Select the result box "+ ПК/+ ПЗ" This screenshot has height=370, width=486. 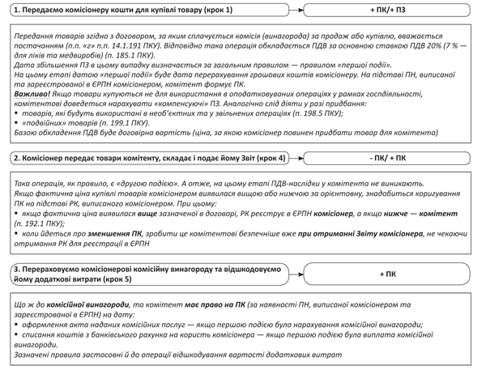pos(388,10)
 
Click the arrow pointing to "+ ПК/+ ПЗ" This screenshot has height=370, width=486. pos(302,10)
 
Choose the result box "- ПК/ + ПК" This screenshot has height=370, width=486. pos(388,158)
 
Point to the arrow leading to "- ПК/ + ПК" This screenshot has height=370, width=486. pos(302,158)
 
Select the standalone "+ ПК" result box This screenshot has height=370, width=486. pos(388,274)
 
